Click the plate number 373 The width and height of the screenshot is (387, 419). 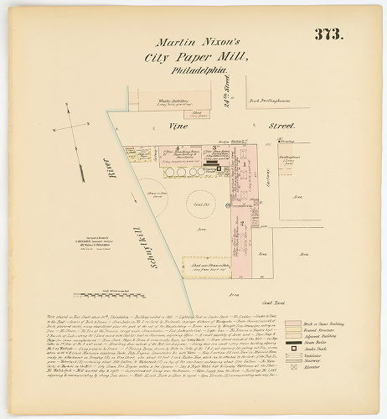click(329, 34)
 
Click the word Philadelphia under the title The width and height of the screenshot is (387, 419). click(201, 73)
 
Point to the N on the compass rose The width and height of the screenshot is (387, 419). click(52, 130)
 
